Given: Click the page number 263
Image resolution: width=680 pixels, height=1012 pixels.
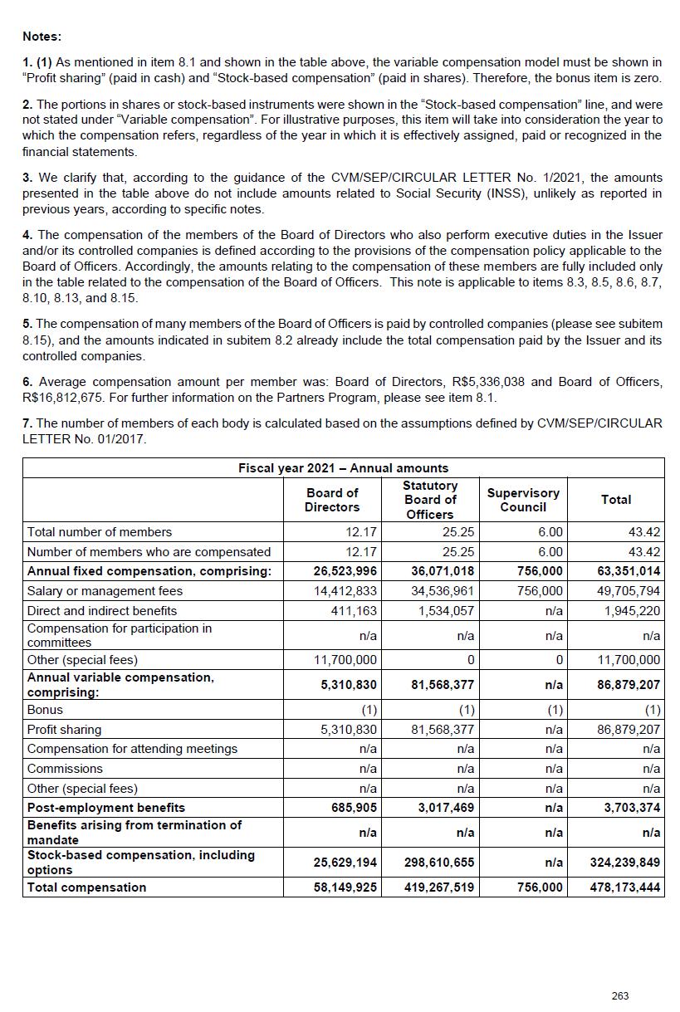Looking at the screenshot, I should pyautogui.click(x=619, y=995).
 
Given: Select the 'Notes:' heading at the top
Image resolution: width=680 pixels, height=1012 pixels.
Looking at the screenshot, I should pyautogui.click(x=42, y=37).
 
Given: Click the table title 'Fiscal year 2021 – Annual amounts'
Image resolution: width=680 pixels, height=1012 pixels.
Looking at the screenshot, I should pyautogui.click(x=343, y=468).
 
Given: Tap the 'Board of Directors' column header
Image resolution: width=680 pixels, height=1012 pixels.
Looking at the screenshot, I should pyautogui.click(x=332, y=500).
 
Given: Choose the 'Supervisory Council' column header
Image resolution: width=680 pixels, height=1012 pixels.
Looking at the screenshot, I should pyautogui.click(x=523, y=500).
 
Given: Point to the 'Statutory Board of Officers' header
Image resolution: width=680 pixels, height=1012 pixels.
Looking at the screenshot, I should pyautogui.click(x=430, y=500).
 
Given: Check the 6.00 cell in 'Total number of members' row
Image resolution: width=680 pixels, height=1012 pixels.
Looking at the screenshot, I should pyautogui.click(x=550, y=532).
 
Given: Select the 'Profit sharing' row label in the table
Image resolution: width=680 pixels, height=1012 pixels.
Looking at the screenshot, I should pyautogui.click(x=64, y=730).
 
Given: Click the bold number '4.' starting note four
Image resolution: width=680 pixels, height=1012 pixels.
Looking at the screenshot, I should pyautogui.click(x=27, y=235).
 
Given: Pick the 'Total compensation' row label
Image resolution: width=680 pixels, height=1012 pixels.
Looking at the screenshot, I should pyautogui.click(x=86, y=887).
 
